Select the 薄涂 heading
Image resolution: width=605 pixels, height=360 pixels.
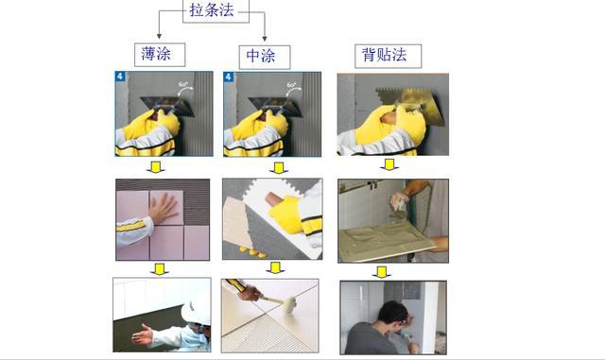tap(157, 55)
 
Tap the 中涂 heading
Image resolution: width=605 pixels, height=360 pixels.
tap(261, 55)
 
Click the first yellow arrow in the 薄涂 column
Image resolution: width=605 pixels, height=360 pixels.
tap(157, 166)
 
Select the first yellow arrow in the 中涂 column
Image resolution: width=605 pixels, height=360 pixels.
tap(278, 167)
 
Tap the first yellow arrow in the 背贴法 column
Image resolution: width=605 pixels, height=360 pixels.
tap(389, 164)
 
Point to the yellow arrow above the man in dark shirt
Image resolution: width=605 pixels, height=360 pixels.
tap(382, 271)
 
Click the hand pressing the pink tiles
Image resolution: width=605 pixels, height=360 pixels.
tap(162, 209)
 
